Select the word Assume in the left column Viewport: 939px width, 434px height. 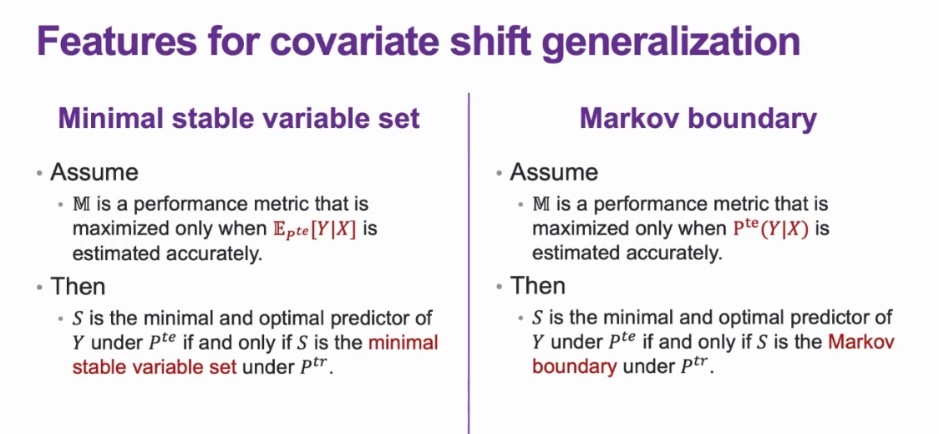coord(94,172)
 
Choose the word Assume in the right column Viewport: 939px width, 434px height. coord(554,172)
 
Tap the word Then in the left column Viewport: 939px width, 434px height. coord(78,286)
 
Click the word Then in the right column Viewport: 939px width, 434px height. coord(537,286)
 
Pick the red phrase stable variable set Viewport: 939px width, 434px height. coord(155,366)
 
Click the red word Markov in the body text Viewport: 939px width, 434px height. coord(862,343)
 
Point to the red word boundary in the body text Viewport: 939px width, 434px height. coord(574,367)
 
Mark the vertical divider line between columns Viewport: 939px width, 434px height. coord(469,263)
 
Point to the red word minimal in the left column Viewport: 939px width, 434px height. coord(404,343)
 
